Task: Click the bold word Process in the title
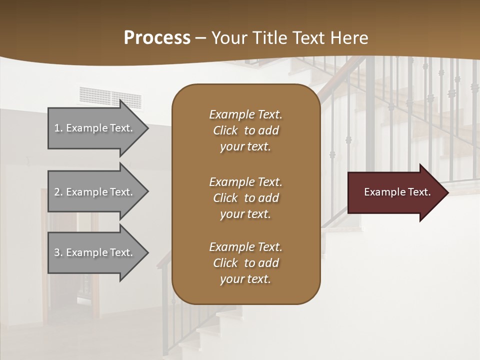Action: [157, 38]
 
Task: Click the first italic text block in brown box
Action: [245, 130]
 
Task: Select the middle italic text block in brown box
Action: [245, 198]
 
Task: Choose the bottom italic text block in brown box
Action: [245, 263]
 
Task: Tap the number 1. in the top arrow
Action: [58, 128]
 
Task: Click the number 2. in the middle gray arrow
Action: [58, 192]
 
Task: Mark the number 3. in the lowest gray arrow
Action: [58, 252]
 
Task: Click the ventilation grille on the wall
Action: [110, 97]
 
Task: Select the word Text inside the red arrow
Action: [419, 192]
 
